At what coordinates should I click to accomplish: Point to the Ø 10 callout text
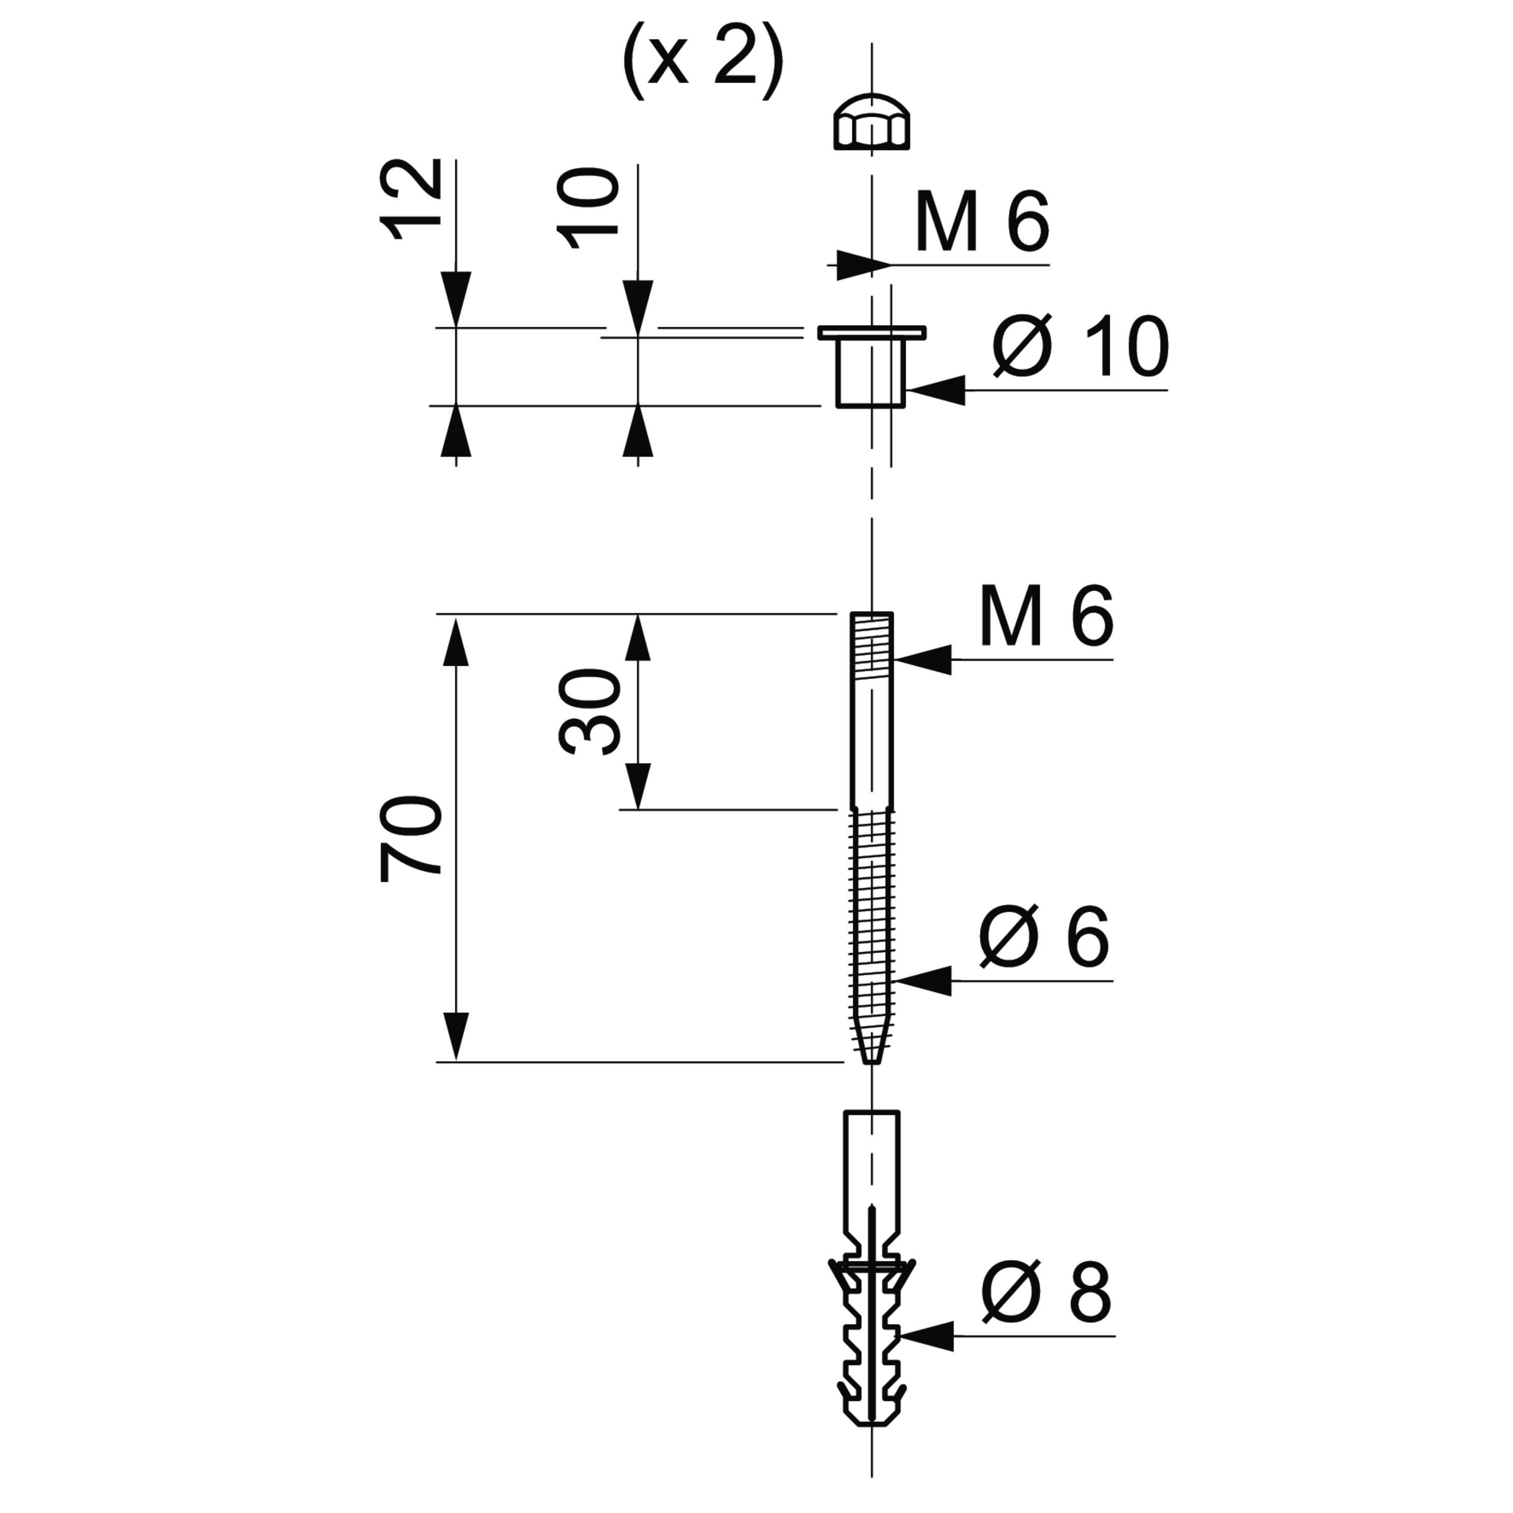(x=1081, y=347)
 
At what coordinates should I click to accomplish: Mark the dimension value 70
(x=411, y=840)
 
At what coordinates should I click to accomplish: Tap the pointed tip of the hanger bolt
(x=871, y=1062)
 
